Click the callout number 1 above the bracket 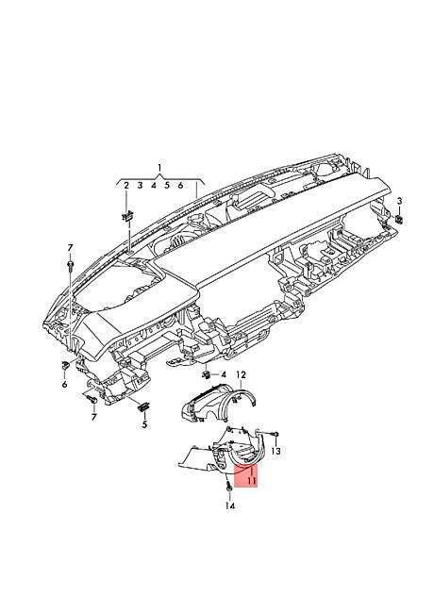tap(159, 168)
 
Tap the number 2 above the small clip tap(125, 185)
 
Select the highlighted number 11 tap(251, 480)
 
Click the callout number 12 tap(241, 375)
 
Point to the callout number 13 tap(275, 451)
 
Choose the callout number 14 tap(230, 506)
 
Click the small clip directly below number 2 tap(127, 216)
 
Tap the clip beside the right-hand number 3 tap(399, 220)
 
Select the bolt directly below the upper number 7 tap(70, 265)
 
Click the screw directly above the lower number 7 tap(92, 400)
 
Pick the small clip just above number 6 tap(65, 366)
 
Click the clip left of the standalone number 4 tap(206, 375)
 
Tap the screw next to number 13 tap(275, 434)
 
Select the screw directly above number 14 tap(228, 488)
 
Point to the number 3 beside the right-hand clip tap(399, 201)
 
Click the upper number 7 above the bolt tap(70, 247)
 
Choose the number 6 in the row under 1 tap(180, 185)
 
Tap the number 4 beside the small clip tap(224, 375)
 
